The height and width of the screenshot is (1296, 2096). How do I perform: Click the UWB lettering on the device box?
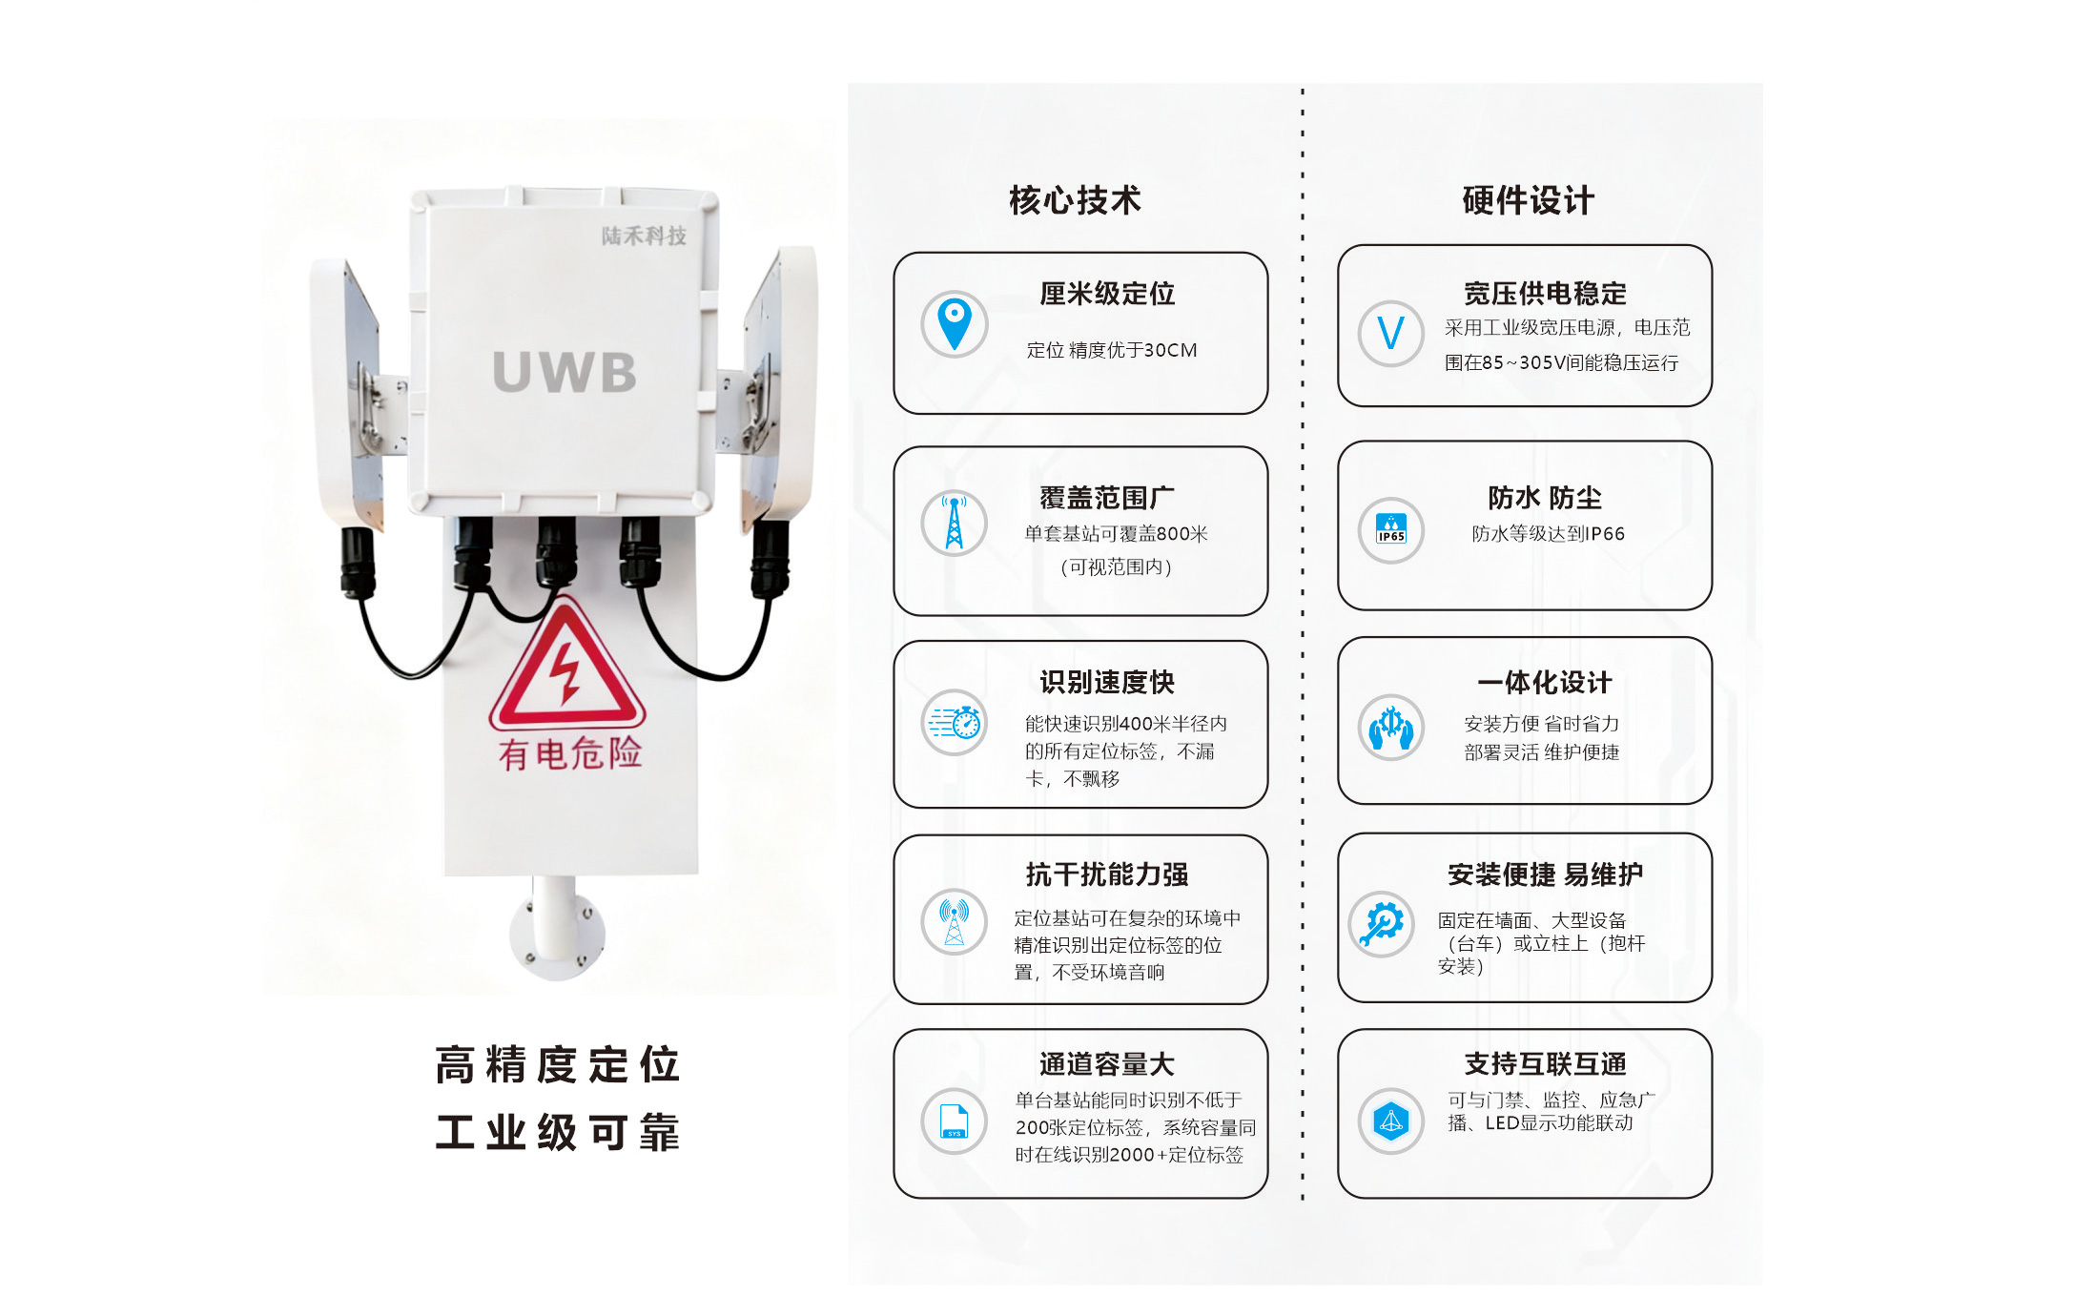tap(565, 372)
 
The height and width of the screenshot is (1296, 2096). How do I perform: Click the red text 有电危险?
tap(570, 753)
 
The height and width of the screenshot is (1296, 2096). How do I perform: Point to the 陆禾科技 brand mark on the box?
tap(644, 236)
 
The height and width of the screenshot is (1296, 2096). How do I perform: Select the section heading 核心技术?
tap(1075, 200)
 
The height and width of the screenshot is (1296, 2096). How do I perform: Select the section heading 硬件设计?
tap(1528, 200)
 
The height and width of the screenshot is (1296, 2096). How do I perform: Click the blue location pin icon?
tap(955, 324)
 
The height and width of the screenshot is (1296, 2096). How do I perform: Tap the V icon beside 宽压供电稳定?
tap(1391, 334)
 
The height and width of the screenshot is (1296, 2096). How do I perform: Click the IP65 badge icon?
tap(1391, 530)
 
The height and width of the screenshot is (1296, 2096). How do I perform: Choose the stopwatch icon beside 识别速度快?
tap(955, 723)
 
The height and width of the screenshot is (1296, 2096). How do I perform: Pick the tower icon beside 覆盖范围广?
tap(955, 523)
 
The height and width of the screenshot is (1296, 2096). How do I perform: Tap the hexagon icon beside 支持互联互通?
tap(1391, 1121)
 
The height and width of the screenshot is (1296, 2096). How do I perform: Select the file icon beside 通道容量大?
tap(955, 1121)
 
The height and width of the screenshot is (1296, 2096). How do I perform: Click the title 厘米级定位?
tap(1107, 294)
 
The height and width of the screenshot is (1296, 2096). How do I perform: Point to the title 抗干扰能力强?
tap(1107, 874)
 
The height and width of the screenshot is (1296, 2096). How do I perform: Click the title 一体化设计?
tap(1545, 683)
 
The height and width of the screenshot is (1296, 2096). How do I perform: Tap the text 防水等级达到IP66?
tap(1548, 534)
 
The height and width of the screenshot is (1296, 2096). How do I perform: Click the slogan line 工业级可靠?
tap(557, 1133)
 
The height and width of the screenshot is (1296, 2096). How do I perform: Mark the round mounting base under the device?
tap(558, 935)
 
